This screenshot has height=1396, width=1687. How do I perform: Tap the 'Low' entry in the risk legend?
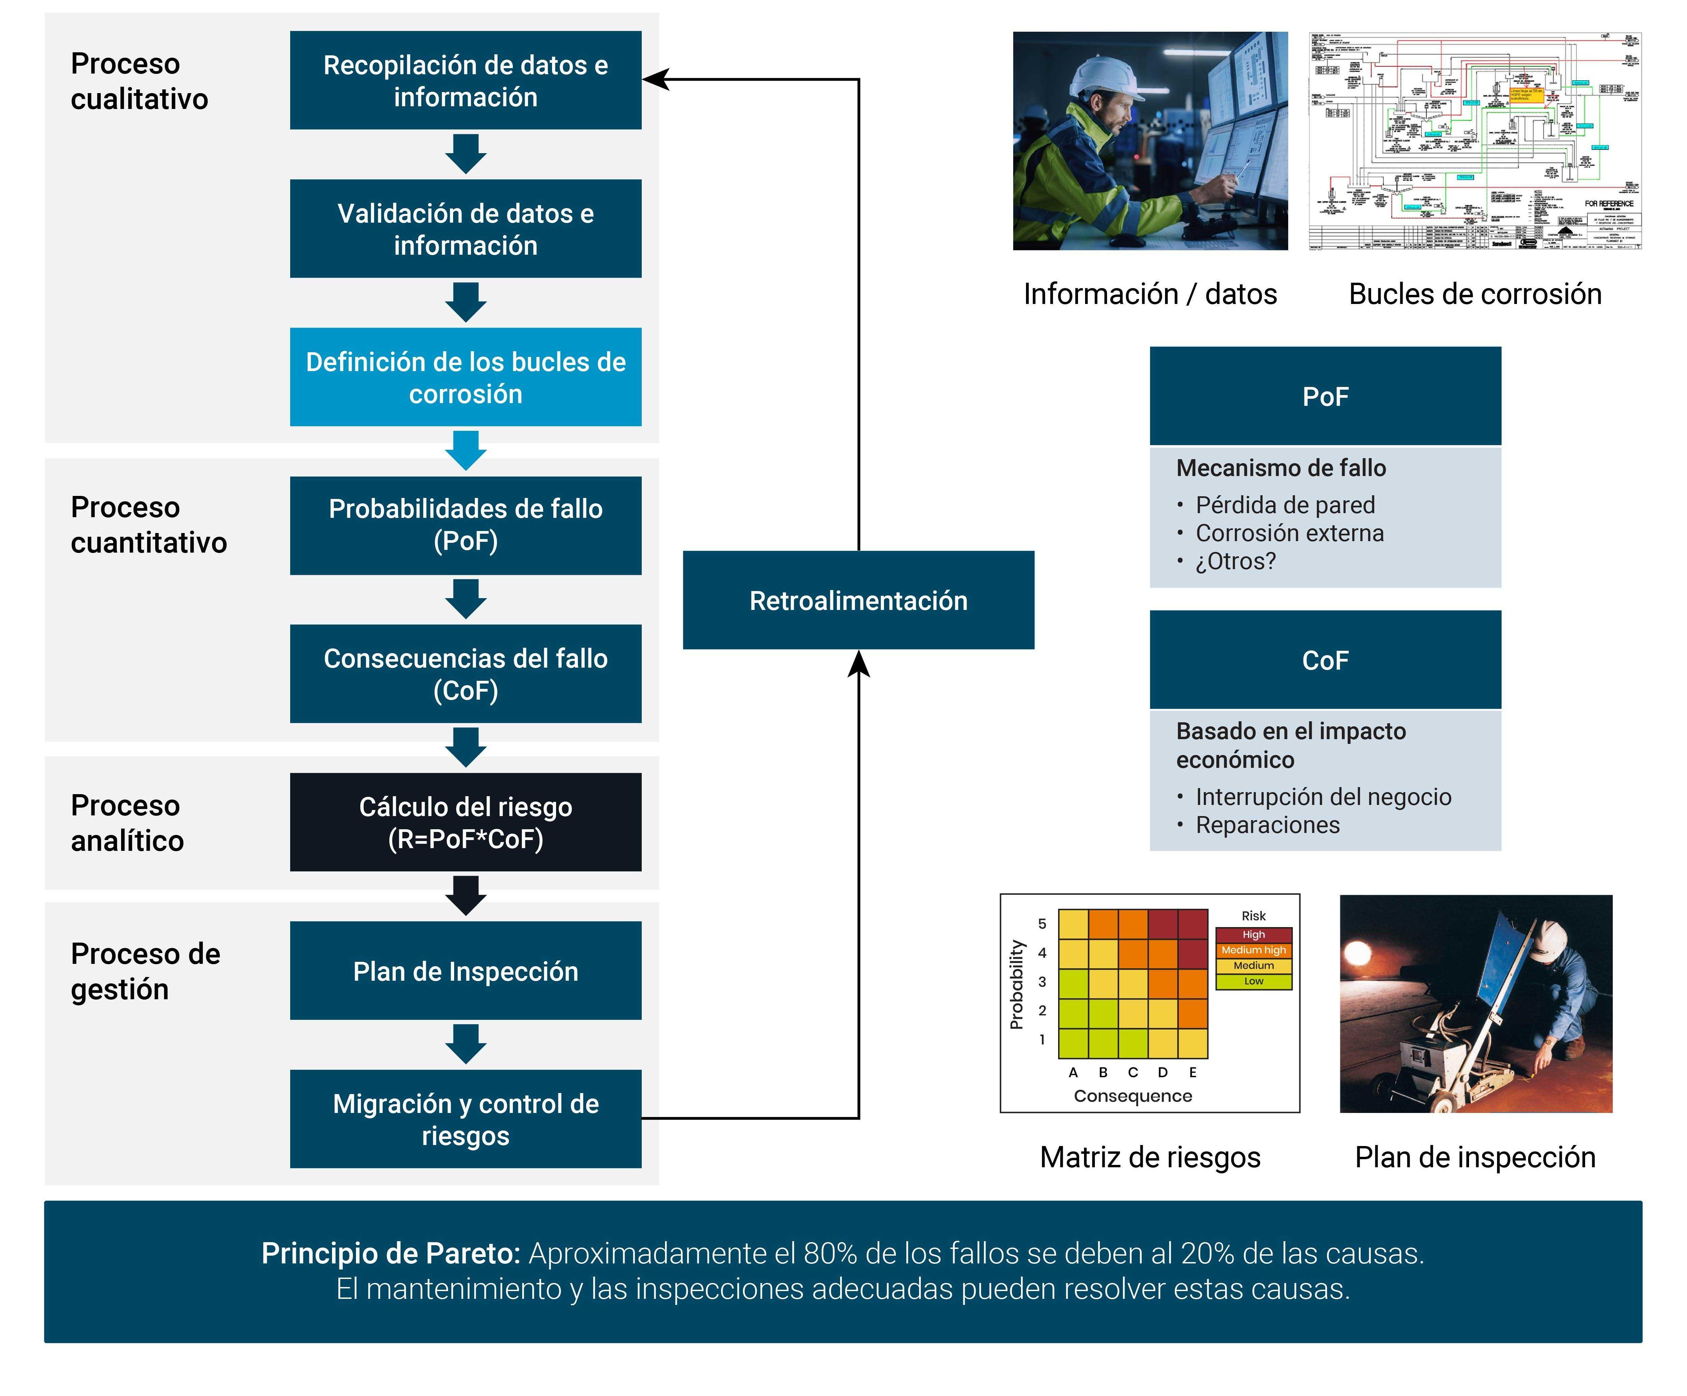1253,981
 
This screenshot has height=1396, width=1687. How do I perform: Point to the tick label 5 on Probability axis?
1042,924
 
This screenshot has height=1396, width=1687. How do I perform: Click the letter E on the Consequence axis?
1193,1072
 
